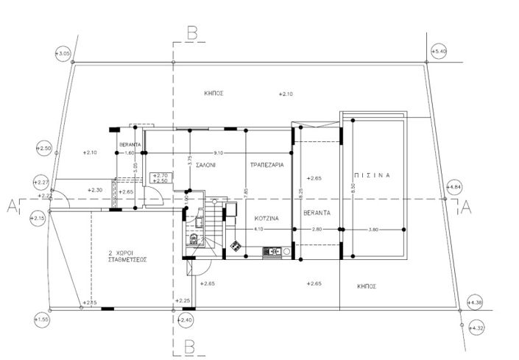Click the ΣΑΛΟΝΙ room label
[205, 166]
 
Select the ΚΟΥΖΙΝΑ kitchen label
[266, 219]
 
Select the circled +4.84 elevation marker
[453, 187]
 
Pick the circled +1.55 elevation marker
[41, 320]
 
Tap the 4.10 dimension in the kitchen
[258, 230]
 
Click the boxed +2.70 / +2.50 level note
[159, 177]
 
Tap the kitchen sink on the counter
[272, 252]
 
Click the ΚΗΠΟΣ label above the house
[214, 93]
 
